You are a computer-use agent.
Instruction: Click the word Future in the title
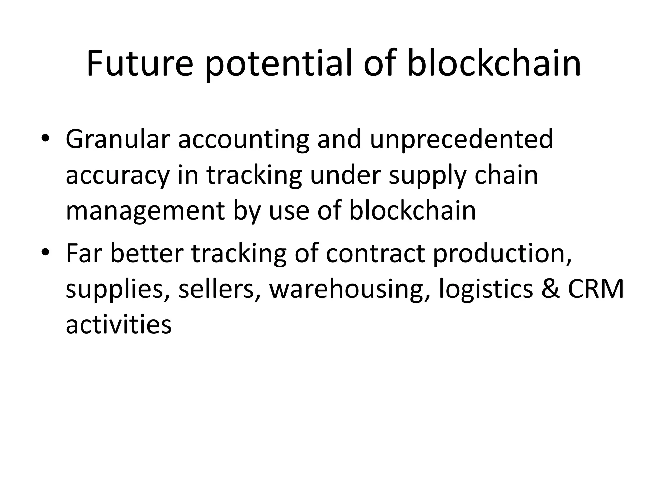point(140,64)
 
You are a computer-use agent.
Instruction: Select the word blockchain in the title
point(494,64)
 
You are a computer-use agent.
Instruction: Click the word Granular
point(118,140)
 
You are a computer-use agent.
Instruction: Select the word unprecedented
point(461,140)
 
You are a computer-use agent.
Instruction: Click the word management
point(145,211)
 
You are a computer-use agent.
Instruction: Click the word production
point(502,253)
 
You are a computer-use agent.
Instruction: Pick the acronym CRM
point(596,289)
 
